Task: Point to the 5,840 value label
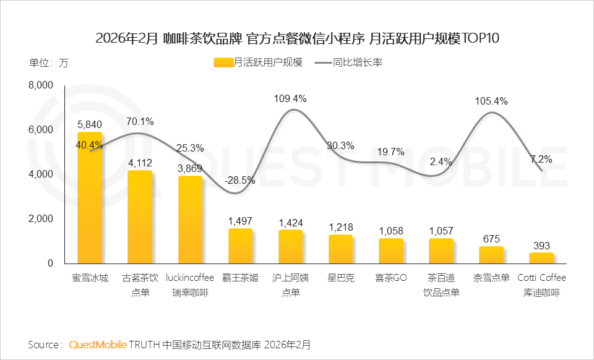(x=90, y=124)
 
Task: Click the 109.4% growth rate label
(x=290, y=98)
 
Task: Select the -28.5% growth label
(x=240, y=181)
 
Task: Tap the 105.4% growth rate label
(x=491, y=101)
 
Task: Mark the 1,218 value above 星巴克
(x=340, y=227)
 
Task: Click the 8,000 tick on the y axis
(x=41, y=85)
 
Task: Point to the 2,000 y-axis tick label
(x=41, y=219)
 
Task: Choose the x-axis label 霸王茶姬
(x=240, y=278)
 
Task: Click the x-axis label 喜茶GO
(x=391, y=278)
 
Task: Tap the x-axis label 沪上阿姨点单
(x=290, y=285)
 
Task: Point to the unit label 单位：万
(x=49, y=62)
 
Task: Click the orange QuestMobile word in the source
(x=98, y=344)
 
